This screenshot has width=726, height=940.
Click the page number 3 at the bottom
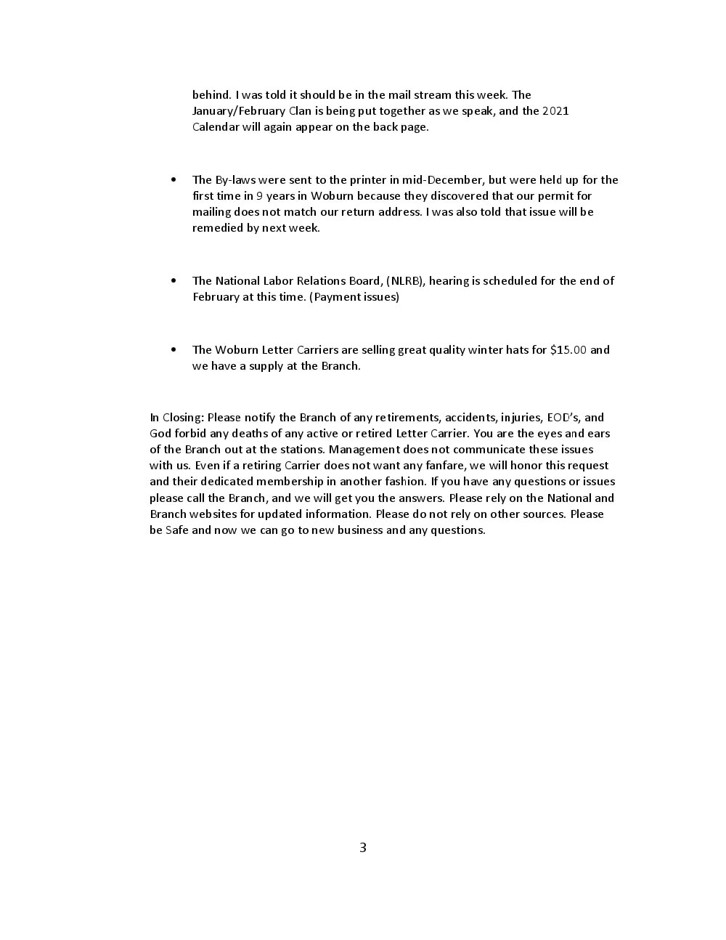[x=363, y=847]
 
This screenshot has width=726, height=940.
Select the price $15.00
[x=568, y=350]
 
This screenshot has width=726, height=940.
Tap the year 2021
[x=555, y=111]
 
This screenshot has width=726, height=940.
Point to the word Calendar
[x=217, y=127]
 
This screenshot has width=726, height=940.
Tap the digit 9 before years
[x=259, y=196]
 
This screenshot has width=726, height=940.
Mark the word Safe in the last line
[x=177, y=530]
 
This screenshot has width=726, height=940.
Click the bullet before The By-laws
[x=174, y=179]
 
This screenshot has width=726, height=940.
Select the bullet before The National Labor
[x=174, y=280]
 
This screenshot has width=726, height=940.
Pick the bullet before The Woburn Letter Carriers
[x=174, y=349]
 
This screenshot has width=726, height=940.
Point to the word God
[x=160, y=434]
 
